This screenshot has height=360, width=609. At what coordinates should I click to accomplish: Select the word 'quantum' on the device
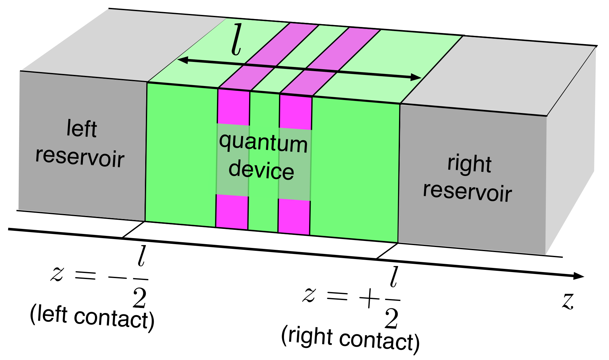(x=263, y=143)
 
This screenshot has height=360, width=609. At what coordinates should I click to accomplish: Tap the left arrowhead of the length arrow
(x=183, y=60)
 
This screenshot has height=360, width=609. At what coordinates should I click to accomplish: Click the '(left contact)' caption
(x=92, y=317)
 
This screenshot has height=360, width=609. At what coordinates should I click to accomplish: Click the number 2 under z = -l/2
(x=140, y=298)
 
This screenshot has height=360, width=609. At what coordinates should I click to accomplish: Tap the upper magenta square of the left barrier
(x=233, y=107)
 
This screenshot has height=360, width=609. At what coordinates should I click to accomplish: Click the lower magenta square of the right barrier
(x=294, y=217)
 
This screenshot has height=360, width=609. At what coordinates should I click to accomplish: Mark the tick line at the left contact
(x=133, y=230)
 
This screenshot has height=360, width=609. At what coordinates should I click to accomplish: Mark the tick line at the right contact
(x=387, y=251)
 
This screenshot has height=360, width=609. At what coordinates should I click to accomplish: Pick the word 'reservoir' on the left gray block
(x=80, y=156)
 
